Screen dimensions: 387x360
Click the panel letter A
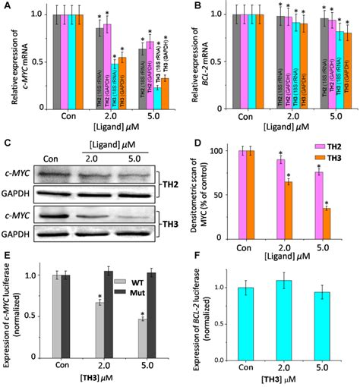(x=7, y=7)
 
